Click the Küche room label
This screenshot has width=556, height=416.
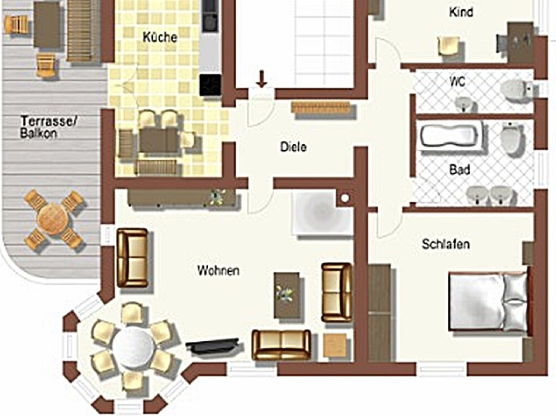pos(160,37)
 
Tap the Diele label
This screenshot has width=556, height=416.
pos(293,147)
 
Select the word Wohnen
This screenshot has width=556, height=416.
pos(218,271)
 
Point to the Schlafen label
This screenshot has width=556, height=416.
pos(446,244)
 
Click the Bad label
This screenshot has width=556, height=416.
pos(460,170)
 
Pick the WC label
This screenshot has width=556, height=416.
pos(457,81)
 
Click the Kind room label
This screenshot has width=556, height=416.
pos(461,12)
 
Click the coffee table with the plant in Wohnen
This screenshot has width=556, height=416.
pos(287,295)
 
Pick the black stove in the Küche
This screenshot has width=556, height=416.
pos(210,85)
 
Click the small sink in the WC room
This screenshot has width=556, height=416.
pos(465,103)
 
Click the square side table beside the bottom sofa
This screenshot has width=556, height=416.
pos(335,345)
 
